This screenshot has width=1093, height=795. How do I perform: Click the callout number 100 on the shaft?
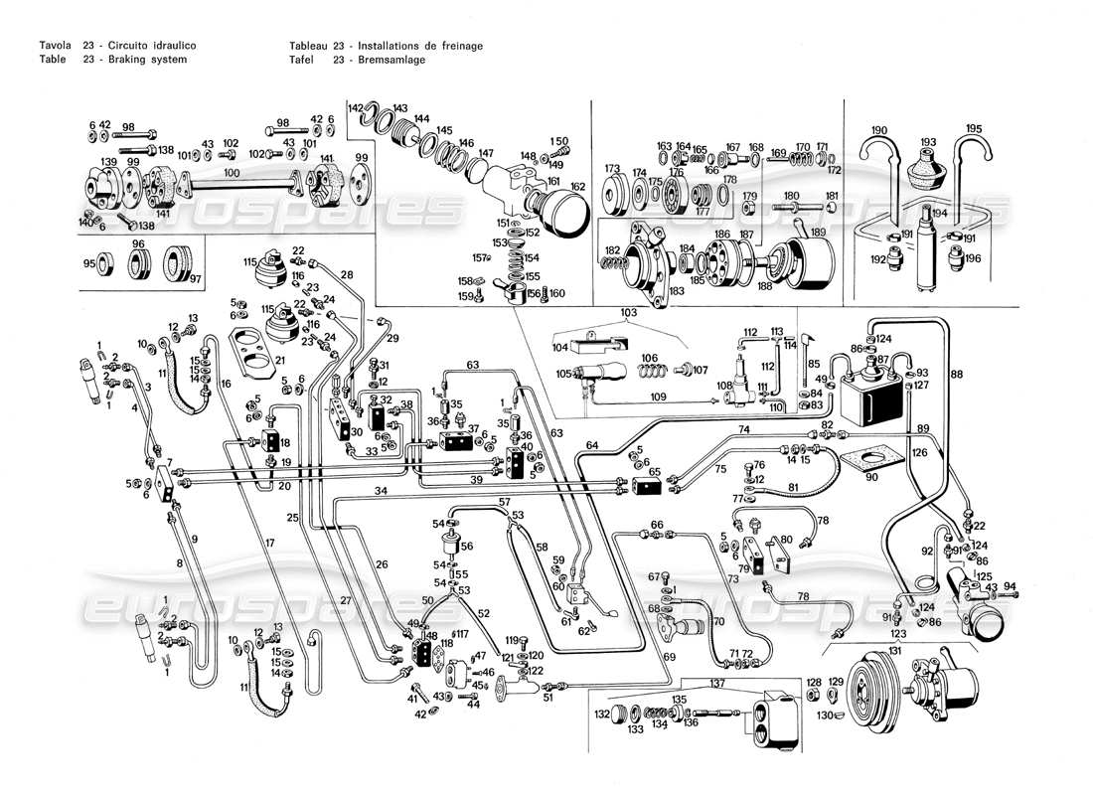pyautogui.click(x=232, y=174)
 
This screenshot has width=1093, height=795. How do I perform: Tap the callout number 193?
pyautogui.click(x=928, y=142)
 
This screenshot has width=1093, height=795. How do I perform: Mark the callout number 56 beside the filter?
pyautogui.click(x=468, y=546)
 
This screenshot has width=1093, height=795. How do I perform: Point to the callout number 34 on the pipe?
pyautogui.click(x=381, y=491)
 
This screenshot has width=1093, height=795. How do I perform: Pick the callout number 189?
pyautogui.click(x=819, y=232)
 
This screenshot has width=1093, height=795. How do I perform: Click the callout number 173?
pyautogui.click(x=612, y=169)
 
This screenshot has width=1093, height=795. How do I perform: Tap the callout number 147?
pyautogui.click(x=486, y=153)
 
